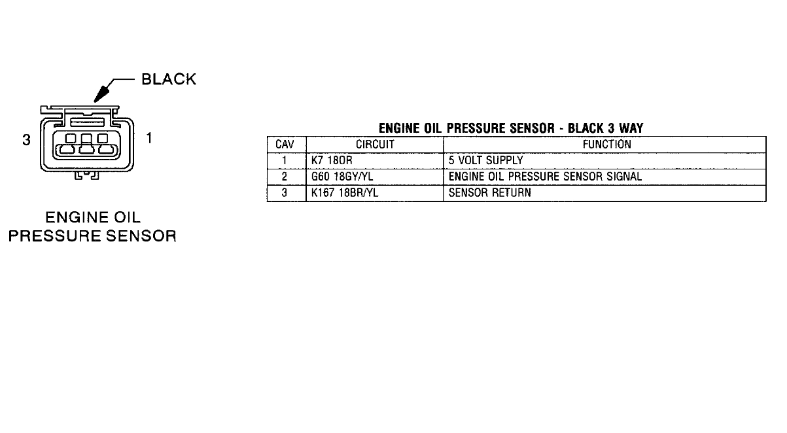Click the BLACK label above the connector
[x=168, y=79]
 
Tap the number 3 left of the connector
[x=26, y=139]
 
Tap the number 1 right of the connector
[x=150, y=138]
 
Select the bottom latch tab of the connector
[x=86, y=175]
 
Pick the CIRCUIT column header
[x=375, y=145]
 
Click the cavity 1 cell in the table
[x=286, y=161]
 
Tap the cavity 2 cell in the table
[x=286, y=177]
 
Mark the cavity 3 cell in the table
[x=286, y=194]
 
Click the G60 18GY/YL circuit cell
[x=343, y=177]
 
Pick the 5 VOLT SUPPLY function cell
[x=485, y=161]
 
